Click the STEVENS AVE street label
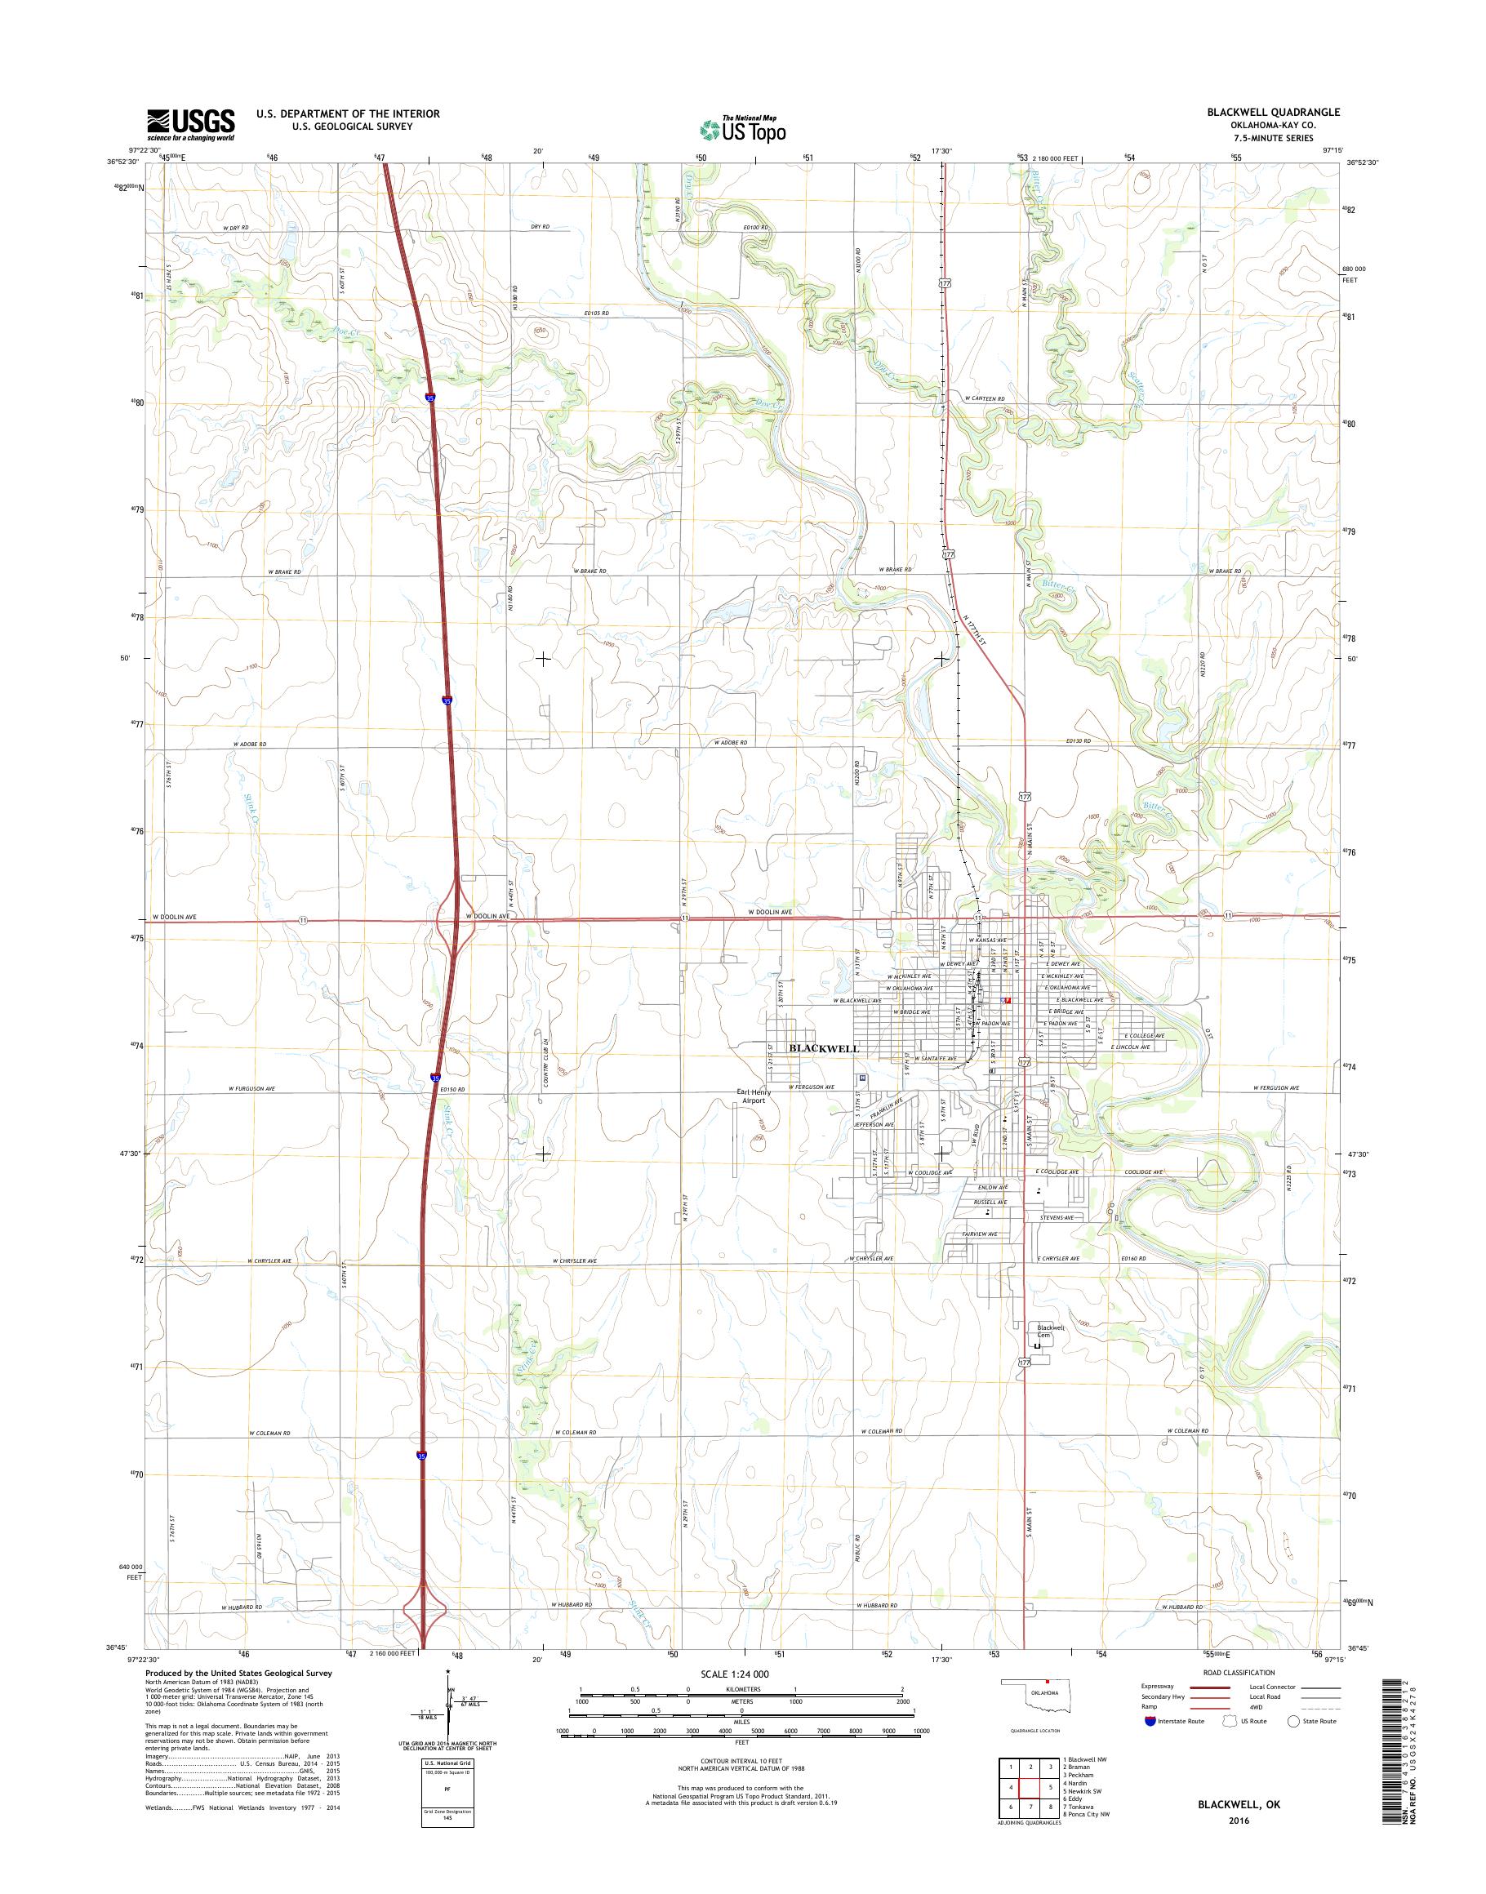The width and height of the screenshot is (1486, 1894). coord(1060,1218)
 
